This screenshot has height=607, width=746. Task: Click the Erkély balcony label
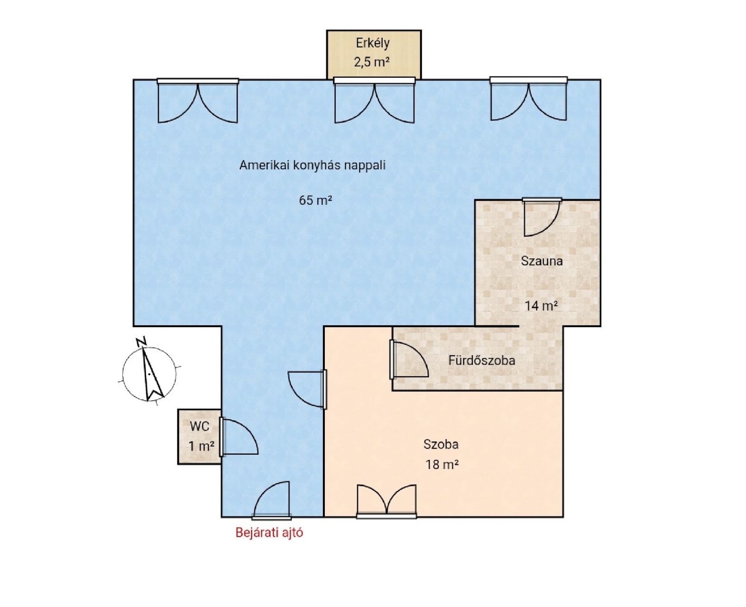click(372, 43)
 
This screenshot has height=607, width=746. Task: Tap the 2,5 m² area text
click(372, 62)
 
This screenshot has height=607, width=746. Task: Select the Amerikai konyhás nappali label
click(312, 165)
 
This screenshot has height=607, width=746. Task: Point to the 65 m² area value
click(315, 200)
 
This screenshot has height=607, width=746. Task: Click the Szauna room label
click(542, 261)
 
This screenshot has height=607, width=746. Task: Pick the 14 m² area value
click(541, 306)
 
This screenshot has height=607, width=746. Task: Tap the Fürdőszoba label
click(481, 360)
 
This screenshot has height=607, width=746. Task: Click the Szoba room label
click(441, 444)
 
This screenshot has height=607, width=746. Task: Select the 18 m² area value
click(442, 465)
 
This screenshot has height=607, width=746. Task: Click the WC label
click(199, 426)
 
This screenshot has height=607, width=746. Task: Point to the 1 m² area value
click(202, 446)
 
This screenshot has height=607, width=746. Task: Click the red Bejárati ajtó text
click(269, 533)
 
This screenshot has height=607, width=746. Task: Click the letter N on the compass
click(141, 342)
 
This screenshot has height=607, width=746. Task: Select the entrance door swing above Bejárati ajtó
click(272, 500)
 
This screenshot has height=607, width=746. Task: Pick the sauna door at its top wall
click(542, 217)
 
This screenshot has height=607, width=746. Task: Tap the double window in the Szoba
click(387, 501)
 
